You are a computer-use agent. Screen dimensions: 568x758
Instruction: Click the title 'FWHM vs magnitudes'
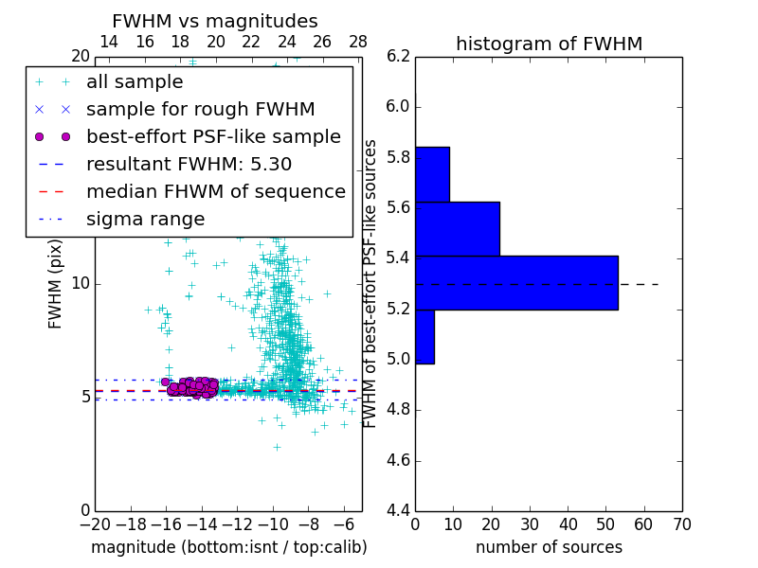pos(214,22)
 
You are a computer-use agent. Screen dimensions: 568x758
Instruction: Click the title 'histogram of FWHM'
pos(549,44)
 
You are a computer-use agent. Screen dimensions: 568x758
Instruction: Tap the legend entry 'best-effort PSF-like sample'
pos(213,137)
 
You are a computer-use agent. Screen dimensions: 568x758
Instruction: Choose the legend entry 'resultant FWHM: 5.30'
pos(189,165)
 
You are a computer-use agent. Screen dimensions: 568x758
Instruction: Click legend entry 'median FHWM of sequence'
pos(215,192)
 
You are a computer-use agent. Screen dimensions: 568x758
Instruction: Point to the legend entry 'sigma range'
pos(145,220)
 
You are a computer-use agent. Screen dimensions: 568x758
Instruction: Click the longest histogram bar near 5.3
pos(516,282)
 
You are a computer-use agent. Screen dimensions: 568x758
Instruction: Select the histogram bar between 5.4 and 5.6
pos(457,228)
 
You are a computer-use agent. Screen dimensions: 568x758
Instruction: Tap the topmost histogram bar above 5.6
pos(432,174)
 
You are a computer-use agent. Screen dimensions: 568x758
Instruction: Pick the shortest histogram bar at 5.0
pos(424,336)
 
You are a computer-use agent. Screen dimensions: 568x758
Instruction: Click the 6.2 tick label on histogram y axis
pos(398,56)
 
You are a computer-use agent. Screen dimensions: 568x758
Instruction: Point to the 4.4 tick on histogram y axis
pos(398,511)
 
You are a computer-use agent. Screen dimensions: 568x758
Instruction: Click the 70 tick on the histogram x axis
pos(681,524)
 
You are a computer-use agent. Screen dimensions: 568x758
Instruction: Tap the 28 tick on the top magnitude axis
pos(358,42)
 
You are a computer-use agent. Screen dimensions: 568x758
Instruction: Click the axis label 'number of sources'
pos(549,547)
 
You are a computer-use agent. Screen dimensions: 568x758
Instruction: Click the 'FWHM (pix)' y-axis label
pos(56,283)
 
